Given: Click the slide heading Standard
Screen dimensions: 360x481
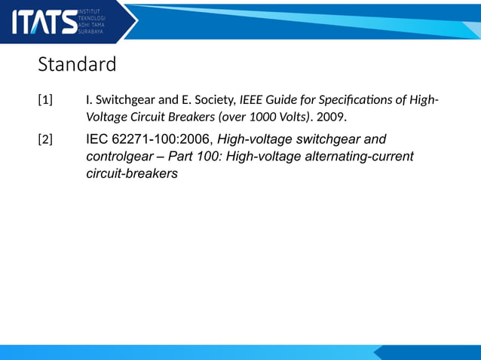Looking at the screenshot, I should point(77,65).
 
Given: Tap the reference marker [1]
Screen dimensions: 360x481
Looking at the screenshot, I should point(45,100).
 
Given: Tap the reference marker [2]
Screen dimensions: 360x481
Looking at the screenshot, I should point(45,140).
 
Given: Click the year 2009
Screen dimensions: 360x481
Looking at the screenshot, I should point(332,117).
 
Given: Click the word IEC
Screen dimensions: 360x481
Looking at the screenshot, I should point(98,139).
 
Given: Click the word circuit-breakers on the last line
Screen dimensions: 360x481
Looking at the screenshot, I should point(132,174).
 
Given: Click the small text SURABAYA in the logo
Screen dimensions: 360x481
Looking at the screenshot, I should point(91,32).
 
